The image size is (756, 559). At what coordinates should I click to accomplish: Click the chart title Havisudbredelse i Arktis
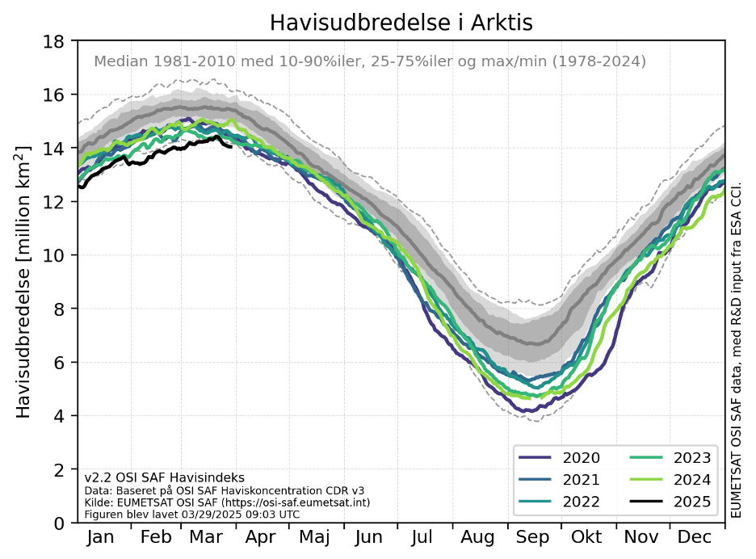point(401,23)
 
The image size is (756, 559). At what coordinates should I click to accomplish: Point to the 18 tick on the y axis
point(55,41)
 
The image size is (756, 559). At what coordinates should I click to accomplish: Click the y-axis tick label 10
point(55,255)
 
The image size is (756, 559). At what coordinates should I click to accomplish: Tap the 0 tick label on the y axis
point(60,523)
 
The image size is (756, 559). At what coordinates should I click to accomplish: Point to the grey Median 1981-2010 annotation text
point(370,61)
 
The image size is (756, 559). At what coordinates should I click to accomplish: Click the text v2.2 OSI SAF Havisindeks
point(164,477)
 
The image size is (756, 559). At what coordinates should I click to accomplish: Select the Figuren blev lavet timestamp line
point(192,514)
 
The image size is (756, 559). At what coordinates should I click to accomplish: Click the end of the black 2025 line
point(232,146)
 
